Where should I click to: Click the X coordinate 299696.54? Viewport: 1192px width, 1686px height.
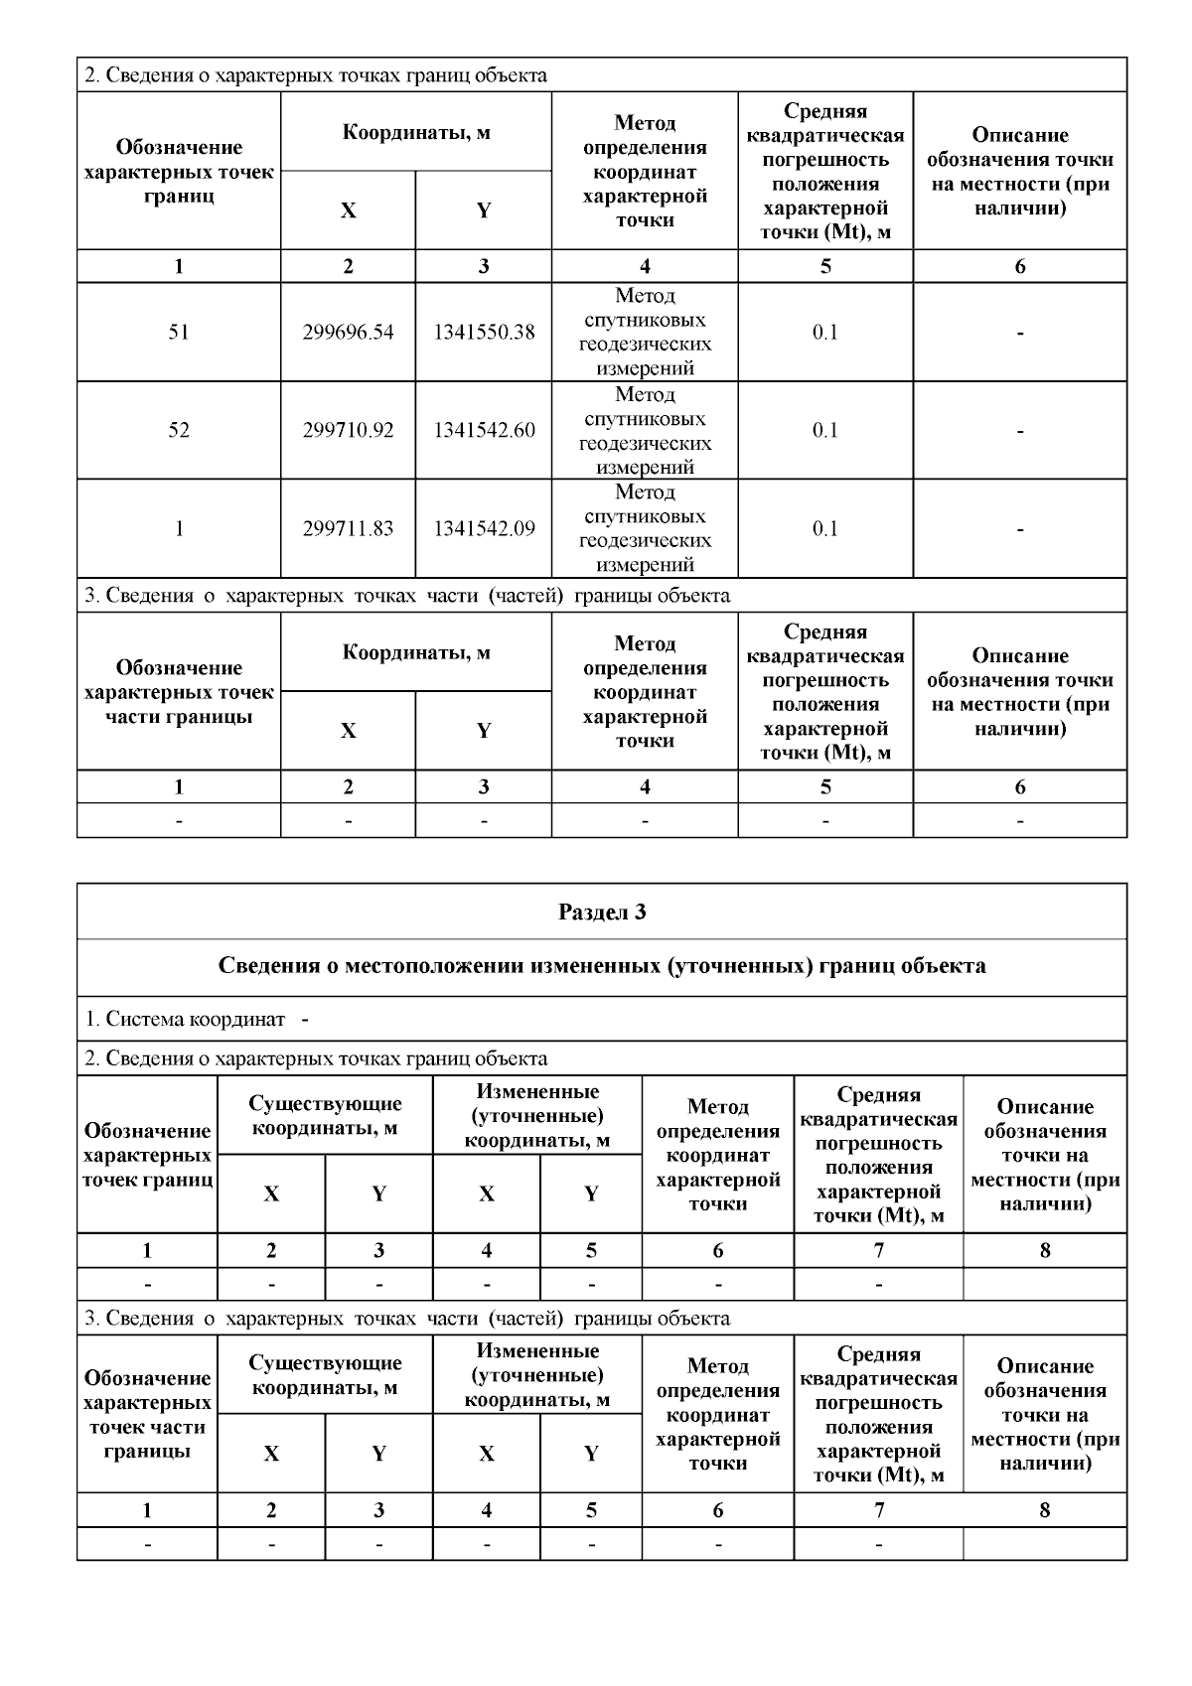click(x=348, y=332)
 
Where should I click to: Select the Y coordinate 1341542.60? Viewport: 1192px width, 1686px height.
click(x=484, y=430)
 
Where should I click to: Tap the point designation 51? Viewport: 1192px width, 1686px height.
click(x=179, y=332)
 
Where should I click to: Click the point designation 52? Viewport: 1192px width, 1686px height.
click(x=179, y=430)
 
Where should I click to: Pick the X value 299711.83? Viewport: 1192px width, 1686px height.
click(x=348, y=528)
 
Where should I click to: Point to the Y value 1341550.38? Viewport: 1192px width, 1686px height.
click(x=484, y=332)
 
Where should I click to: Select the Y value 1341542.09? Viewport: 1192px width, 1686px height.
click(x=484, y=528)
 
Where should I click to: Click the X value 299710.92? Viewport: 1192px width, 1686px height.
click(x=348, y=430)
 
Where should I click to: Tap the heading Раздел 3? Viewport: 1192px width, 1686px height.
click(x=602, y=912)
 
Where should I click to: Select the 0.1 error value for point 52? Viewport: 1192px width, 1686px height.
click(x=825, y=430)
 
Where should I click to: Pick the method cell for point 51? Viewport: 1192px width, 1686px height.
click(x=645, y=332)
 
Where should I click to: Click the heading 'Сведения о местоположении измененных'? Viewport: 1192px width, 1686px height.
click(x=602, y=966)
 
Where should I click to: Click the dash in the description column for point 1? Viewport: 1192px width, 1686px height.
click(x=1020, y=529)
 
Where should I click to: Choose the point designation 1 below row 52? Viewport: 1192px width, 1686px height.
click(x=179, y=528)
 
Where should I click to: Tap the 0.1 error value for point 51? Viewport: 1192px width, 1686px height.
click(x=825, y=332)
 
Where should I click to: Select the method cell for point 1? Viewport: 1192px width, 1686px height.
click(x=645, y=528)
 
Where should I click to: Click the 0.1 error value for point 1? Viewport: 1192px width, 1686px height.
click(x=825, y=528)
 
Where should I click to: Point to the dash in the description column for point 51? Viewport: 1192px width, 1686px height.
click(x=1020, y=334)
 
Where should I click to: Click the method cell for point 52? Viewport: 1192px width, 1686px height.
click(x=645, y=430)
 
